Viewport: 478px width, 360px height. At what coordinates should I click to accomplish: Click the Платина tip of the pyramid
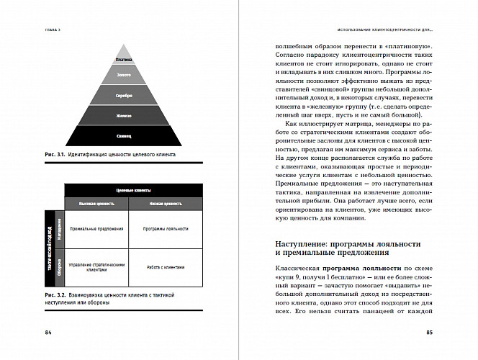pyautogui.click(x=125, y=60)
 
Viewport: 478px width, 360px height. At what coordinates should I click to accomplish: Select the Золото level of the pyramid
pyautogui.click(x=125, y=75)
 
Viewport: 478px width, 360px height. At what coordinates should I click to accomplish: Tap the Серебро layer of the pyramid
pyautogui.click(x=125, y=95)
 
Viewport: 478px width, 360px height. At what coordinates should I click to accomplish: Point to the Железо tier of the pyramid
pyautogui.click(x=125, y=115)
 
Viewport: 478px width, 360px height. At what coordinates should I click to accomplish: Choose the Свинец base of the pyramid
pyautogui.click(x=125, y=135)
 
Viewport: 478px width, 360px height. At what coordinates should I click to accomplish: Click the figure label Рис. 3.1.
pyautogui.click(x=55, y=155)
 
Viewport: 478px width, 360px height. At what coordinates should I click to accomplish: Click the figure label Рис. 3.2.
pyautogui.click(x=55, y=295)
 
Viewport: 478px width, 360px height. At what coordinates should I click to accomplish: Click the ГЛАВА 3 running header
pyautogui.click(x=52, y=30)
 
